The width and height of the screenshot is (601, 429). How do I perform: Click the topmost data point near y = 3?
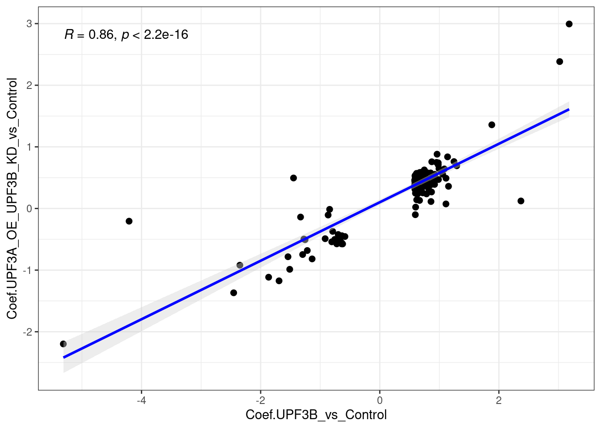pyautogui.click(x=569, y=24)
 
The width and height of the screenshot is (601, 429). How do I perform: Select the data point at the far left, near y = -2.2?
pyautogui.click(x=63, y=344)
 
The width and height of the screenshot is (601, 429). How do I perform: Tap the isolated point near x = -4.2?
pyautogui.click(x=129, y=221)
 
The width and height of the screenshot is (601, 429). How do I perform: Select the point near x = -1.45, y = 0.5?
pyautogui.click(x=293, y=178)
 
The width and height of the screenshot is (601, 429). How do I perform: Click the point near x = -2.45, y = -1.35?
pyautogui.click(x=233, y=293)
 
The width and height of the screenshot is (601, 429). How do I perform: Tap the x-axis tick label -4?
pyautogui.click(x=141, y=400)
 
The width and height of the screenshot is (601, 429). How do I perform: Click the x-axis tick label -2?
pyautogui.click(x=260, y=400)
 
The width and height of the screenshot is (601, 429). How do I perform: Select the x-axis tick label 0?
pyautogui.click(x=380, y=400)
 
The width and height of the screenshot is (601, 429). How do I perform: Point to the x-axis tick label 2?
pyautogui.click(x=499, y=400)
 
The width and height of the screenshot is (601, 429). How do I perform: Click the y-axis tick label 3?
pyautogui.click(x=29, y=24)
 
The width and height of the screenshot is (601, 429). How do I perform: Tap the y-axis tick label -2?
pyautogui.click(x=28, y=332)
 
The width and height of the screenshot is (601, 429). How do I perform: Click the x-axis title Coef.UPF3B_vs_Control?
pyautogui.click(x=316, y=415)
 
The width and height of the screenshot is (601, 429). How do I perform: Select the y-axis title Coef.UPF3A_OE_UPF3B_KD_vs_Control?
pyautogui.click(x=12, y=198)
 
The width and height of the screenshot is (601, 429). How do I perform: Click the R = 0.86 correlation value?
pyautogui.click(x=89, y=34)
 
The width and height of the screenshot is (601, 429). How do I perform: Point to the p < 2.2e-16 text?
pyautogui.click(x=155, y=34)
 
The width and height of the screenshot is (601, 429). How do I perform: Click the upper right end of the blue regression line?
pyautogui.click(x=568, y=109)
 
